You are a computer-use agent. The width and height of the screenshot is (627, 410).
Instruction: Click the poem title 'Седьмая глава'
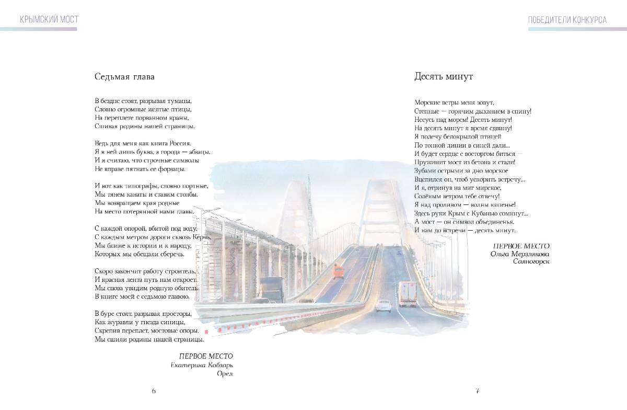[124, 77]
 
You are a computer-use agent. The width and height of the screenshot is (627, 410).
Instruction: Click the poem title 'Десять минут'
[444, 77]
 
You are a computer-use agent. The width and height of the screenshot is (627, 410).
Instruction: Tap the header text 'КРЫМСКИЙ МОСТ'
[49, 20]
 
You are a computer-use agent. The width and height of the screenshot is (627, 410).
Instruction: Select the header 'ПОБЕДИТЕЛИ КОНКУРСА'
[567, 20]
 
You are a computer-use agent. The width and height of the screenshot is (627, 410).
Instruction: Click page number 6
[154, 391]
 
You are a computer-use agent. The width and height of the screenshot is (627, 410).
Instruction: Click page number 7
[477, 391]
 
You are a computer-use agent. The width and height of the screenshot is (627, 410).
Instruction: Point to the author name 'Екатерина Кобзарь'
[202, 365]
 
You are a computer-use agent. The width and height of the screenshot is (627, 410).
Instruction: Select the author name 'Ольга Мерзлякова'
[520, 254]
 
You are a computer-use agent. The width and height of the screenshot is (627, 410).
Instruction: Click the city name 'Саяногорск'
[531, 261]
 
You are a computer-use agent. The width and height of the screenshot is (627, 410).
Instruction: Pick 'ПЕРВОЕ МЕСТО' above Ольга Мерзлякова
[521, 245]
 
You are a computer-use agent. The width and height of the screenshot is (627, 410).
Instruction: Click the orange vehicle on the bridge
[339, 271]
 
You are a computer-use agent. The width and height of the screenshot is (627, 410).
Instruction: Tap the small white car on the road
[384, 305]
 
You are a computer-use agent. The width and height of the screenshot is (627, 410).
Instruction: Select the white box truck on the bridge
[408, 293]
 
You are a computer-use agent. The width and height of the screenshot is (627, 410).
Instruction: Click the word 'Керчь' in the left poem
[202, 237]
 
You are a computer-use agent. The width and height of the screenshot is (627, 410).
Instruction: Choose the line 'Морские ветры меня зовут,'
[454, 102]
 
